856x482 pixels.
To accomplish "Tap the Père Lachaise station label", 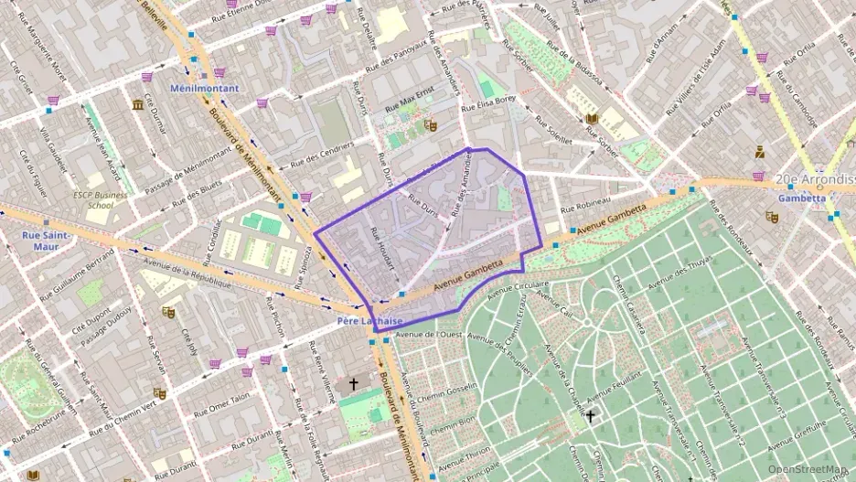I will click(x=369, y=320).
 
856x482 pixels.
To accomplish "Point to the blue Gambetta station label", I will click(x=802, y=198).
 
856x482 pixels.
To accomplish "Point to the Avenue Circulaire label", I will click(x=512, y=287).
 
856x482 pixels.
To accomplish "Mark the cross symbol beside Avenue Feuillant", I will click(x=590, y=416).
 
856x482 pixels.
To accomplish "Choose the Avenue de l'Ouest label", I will click(x=429, y=334).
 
